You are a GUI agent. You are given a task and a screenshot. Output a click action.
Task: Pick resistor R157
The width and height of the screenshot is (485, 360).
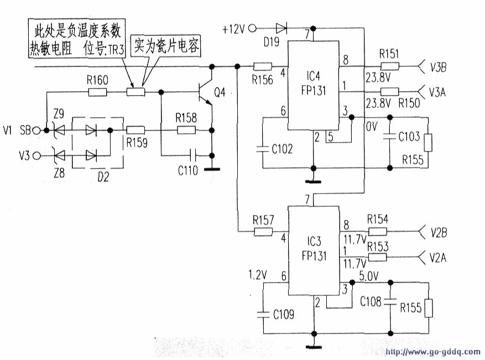[x=263, y=232]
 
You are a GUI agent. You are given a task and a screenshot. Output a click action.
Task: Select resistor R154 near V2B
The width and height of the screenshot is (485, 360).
[x=377, y=232]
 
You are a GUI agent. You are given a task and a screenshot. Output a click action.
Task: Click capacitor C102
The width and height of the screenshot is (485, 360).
[x=263, y=148]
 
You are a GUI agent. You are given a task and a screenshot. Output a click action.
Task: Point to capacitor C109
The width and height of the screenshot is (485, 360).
[x=263, y=314]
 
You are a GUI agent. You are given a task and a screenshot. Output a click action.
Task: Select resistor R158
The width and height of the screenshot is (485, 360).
[x=186, y=131]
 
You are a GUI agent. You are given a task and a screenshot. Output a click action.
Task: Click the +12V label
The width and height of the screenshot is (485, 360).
[x=233, y=29]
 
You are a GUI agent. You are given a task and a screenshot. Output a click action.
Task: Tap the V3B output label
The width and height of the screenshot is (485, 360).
[x=439, y=67]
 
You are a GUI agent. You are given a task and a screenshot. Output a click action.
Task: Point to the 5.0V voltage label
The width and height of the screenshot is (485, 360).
[x=369, y=275]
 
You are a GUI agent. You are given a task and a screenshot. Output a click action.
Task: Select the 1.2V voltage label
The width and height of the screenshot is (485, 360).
[x=257, y=274]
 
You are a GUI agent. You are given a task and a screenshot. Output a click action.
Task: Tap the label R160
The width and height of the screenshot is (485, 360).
[x=97, y=80]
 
